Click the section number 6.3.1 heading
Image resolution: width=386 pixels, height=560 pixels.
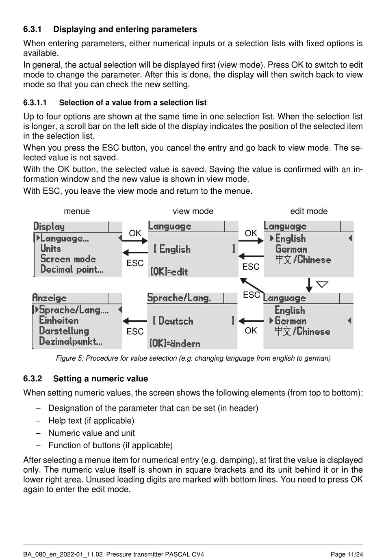[33, 29]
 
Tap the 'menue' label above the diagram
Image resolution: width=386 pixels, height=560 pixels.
[77, 211]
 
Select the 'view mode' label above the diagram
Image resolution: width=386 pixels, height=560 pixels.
[193, 211]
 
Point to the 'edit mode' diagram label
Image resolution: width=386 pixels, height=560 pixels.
[309, 211]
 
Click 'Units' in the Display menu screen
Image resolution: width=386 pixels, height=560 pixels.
[51, 249]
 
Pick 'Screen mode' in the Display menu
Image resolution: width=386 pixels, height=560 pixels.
[68, 259]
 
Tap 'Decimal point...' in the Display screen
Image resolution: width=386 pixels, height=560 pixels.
[72, 269]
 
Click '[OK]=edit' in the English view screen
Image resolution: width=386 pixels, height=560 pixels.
[169, 271]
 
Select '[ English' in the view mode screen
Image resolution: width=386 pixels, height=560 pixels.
[172, 249]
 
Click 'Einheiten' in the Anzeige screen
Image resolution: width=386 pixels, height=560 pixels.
[59, 320]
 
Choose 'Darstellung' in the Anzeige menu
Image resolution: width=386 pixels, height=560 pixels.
[64, 331]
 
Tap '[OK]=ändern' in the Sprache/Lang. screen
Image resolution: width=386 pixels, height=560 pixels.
[175, 344]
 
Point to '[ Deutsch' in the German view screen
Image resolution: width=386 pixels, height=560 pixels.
[173, 321]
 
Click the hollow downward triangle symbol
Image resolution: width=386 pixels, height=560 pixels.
[322, 284]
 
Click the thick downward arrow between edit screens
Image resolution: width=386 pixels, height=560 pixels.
[309, 285]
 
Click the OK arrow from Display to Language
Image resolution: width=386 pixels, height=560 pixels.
[135, 241]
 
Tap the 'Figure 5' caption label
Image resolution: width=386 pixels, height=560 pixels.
[69, 358]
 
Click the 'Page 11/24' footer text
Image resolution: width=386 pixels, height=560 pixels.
[347, 554]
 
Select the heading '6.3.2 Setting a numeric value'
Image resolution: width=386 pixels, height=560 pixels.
[85, 378]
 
